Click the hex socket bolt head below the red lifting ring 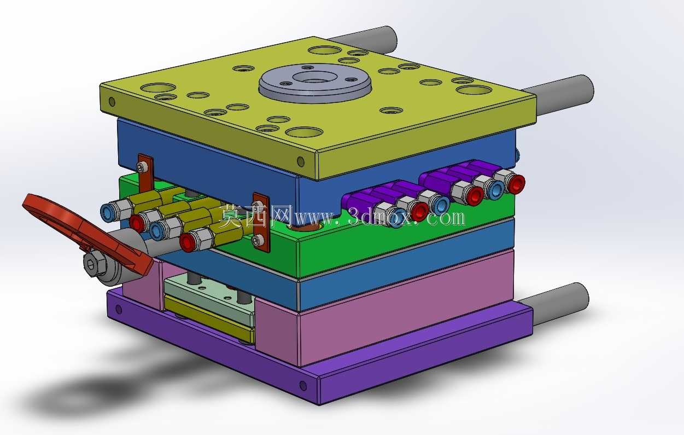[95, 264]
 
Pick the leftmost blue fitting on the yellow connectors [108, 213]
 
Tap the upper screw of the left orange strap [142, 167]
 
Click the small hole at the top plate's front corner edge [301, 161]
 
